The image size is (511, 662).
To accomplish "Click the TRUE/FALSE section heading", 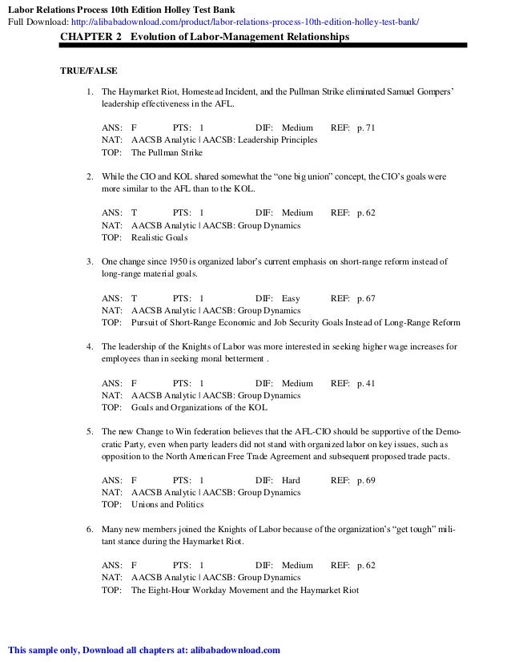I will point(87,71).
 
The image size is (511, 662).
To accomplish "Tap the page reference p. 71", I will point(366,127).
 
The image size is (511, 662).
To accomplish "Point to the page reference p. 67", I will point(366,298).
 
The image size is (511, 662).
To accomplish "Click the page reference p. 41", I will point(366,383).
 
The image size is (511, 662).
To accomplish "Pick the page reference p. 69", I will point(366,480).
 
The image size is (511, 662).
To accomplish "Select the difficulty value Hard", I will point(292,480).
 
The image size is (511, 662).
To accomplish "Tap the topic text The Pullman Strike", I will point(167,152).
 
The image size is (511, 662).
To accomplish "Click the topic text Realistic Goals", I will point(160,238).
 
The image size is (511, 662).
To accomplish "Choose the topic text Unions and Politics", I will point(167,505).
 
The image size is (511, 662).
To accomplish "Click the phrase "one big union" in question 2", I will point(276,176).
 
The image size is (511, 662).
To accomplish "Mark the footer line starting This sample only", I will point(143,650).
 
